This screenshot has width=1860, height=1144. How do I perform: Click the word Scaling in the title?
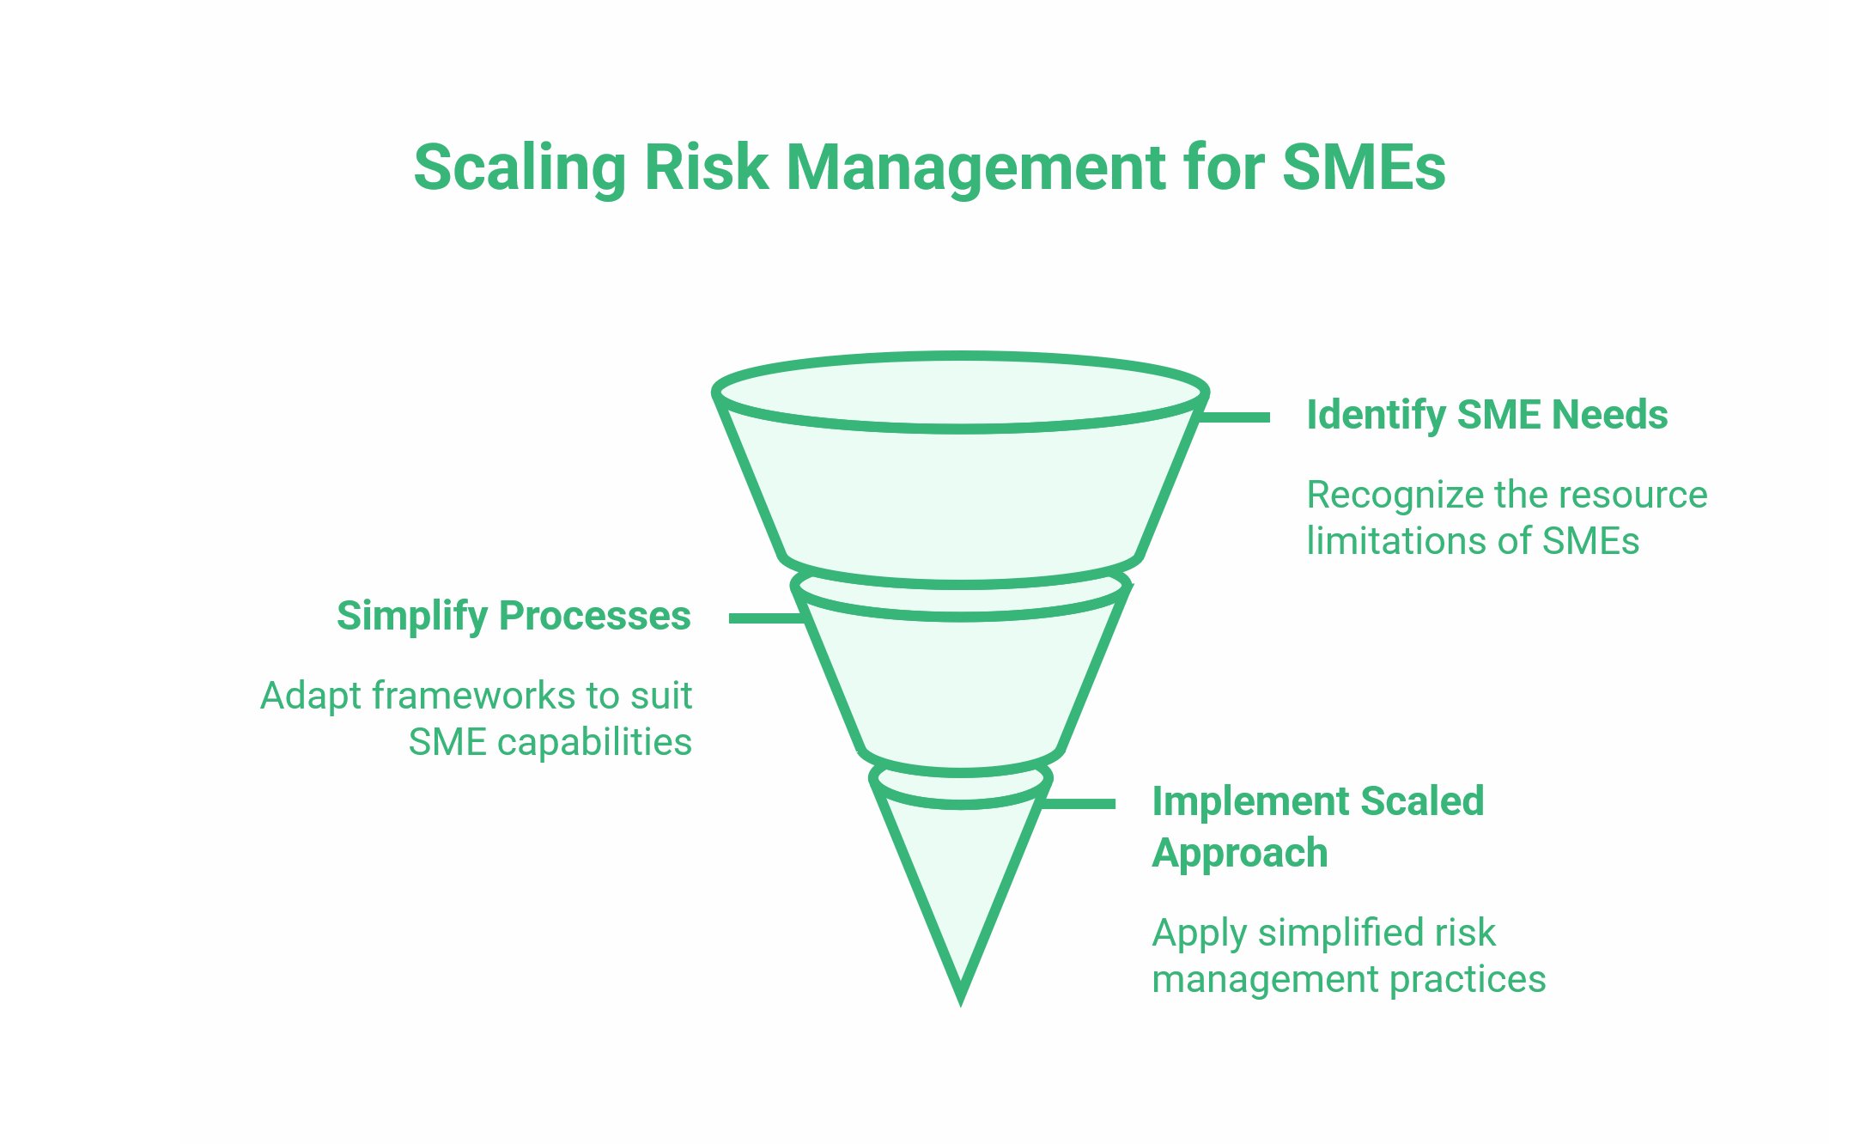pos(520,167)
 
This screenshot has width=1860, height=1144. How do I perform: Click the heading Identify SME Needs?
pos(1486,415)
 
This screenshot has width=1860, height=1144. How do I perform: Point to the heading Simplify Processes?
pos(514,616)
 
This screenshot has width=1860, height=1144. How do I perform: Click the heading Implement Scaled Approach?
pos(1317,826)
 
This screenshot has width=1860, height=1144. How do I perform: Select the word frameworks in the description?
pos(474,697)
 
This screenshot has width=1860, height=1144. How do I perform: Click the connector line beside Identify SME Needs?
pos(1233,417)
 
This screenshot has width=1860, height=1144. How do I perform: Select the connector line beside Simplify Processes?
pos(764,618)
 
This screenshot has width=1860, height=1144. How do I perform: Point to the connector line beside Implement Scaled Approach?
pos(1079,804)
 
